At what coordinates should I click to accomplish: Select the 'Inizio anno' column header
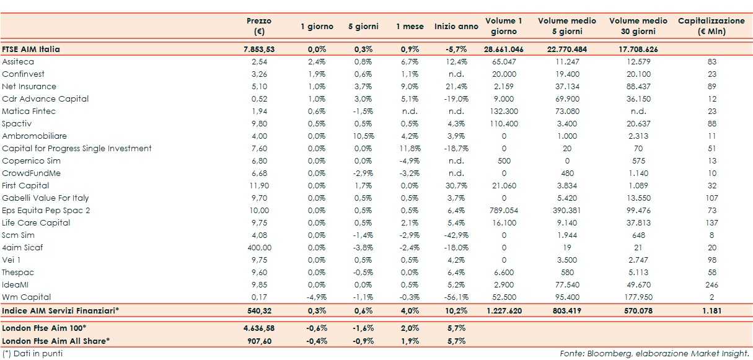pos(456,27)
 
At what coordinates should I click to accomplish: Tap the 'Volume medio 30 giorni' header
pos(638,26)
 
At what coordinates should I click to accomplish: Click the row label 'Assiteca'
pos(18,62)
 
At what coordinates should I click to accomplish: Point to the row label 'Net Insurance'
pos(29,87)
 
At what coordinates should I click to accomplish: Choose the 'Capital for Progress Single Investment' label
pos(77,149)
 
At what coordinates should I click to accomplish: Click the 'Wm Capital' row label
pos(26,297)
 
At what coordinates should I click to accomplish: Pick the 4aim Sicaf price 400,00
pos(259,248)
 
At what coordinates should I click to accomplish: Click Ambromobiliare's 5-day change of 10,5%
pos(361,136)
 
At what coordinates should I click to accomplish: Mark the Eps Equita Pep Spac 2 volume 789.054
pos(503,211)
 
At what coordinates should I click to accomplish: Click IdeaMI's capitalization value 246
pos(711,285)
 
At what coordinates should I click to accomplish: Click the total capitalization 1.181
pos(711,310)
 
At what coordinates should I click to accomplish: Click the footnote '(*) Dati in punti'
pos(32,354)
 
